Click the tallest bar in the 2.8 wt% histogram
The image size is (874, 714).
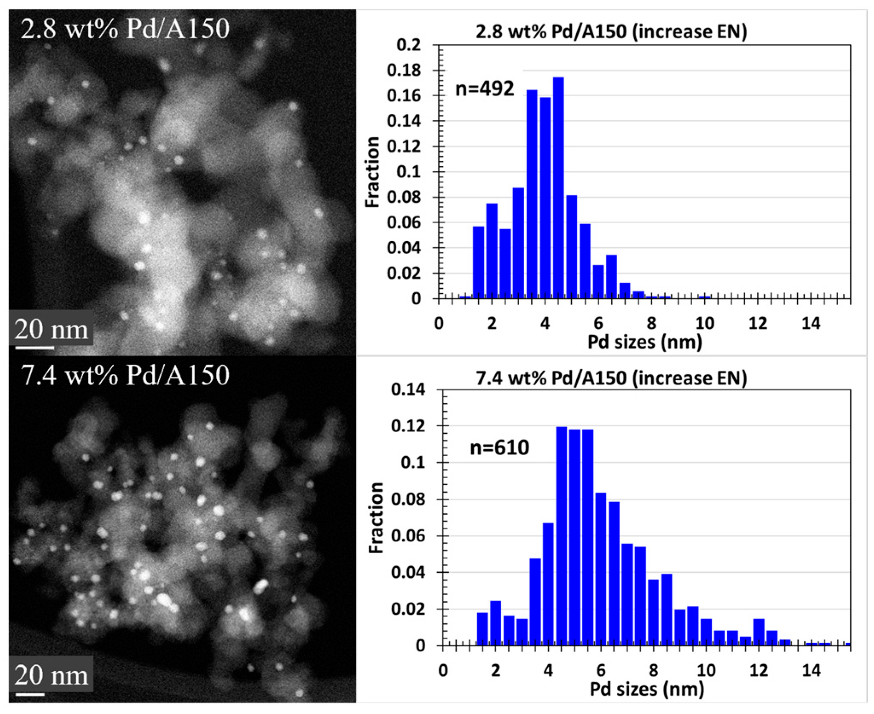[558, 188]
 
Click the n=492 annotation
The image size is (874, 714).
[485, 89]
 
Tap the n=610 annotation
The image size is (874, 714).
[499, 448]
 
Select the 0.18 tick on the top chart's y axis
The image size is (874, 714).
[404, 70]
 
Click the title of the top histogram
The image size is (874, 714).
[611, 32]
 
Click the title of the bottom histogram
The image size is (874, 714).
[611, 378]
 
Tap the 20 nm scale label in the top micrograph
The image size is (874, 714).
[51, 330]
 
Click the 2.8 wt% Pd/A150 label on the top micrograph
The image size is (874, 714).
[125, 29]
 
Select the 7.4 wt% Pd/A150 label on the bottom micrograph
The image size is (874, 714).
[125, 375]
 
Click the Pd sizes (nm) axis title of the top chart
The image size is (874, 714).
[645, 342]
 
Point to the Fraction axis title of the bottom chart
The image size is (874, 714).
[375, 518]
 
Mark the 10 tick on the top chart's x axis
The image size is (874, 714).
[705, 324]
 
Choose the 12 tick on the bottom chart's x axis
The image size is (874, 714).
[758, 671]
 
